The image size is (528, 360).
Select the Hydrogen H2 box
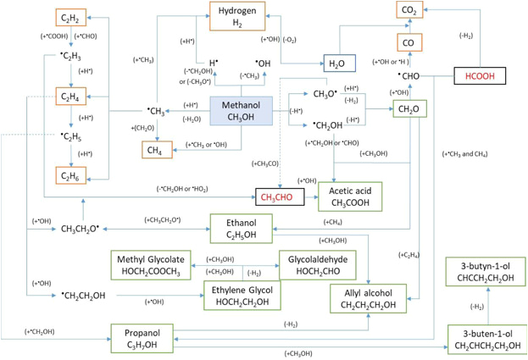click(237, 15)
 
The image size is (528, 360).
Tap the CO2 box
click(409, 11)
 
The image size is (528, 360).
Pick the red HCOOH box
click(485, 76)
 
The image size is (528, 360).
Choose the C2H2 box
click(70, 18)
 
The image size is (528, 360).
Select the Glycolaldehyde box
click(318, 263)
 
